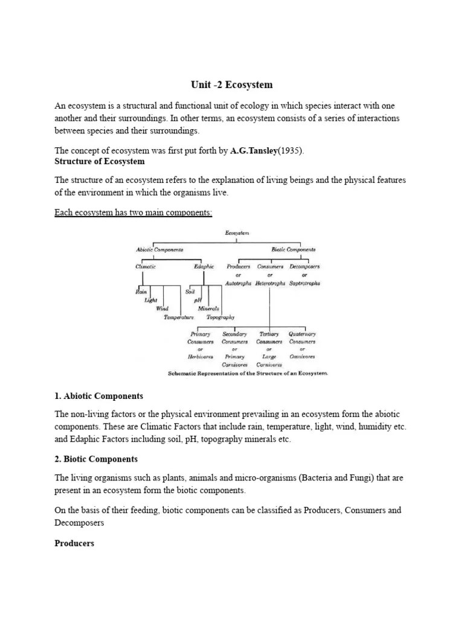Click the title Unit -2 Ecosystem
tap(232, 84)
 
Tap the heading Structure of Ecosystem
tap(100, 162)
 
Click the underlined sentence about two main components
tap(134, 213)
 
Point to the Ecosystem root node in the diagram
tap(236, 232)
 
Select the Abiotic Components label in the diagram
tap(159, 249)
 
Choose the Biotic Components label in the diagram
tap(293, 249)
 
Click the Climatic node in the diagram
tap(145, 266)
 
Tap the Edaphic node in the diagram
tap(204, 266)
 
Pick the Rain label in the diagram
tap(141, 291)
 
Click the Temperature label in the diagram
tap(179, 317)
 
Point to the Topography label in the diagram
tap(221, 317)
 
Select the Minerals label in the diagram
tap(208, 308)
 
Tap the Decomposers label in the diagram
tap(304, 266)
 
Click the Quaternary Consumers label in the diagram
tap(302, 338)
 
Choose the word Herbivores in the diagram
tap(200, 357)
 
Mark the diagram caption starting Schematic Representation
tap(248, 374)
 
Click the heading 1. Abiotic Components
tap(99, 397)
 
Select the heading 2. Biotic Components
tap(96, 459)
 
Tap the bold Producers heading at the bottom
tap(74, 543)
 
